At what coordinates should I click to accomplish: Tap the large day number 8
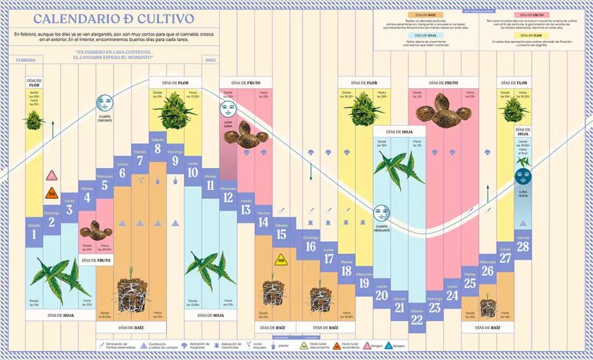tap(158, 148)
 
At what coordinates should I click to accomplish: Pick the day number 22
tap(417, 319)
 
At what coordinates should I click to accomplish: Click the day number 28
tap(523, 247)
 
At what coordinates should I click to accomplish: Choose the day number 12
tap(227, 198)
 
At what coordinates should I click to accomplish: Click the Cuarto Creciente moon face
tap(105, 104)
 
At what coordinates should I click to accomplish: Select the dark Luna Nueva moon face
tap(523, 177)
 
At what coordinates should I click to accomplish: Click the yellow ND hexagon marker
tap(280, 260)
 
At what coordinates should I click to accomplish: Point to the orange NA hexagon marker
tap(51, 194)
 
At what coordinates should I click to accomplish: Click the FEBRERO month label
tap(25, 60)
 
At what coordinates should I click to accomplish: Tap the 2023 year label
tap(210, 60)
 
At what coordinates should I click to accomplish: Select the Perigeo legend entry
tap(375, 346)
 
